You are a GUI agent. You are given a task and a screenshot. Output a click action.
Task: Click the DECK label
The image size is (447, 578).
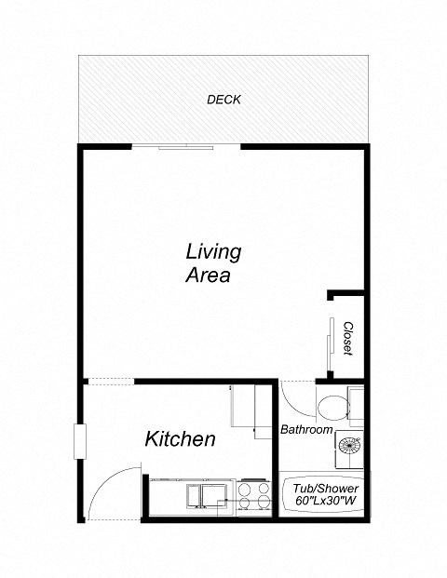223,100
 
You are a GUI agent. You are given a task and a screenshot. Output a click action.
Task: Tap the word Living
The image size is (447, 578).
213,251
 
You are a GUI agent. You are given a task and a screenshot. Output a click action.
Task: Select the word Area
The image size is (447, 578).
207,276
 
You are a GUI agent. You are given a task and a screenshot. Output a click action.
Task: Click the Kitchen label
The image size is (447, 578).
181,439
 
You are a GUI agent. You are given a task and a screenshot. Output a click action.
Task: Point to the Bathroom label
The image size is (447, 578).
306,430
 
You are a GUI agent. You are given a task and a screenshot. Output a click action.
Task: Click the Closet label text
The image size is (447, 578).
347,338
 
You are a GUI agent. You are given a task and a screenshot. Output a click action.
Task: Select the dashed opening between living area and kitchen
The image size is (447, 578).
110,380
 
